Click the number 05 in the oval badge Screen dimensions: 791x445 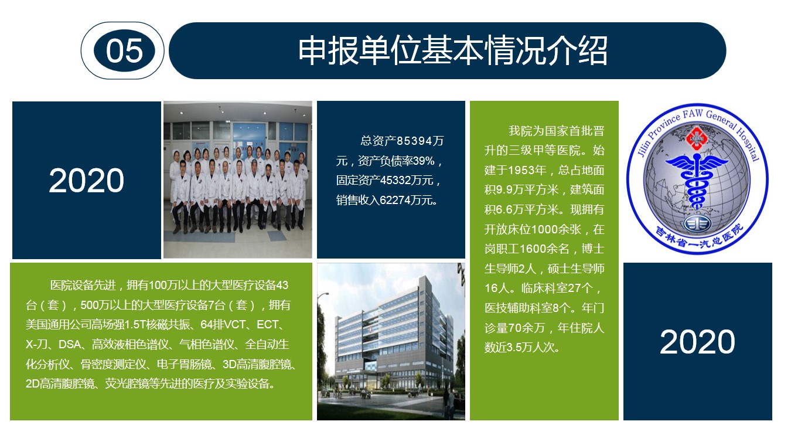coord(124,51)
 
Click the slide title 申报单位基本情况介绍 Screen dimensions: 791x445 coord(453,50)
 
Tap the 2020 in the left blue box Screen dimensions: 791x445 coord(87,181)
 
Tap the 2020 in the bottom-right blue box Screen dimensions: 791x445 coord(697,341)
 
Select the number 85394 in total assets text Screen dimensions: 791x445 coord(414,141)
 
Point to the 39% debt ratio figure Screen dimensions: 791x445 coord(423,161)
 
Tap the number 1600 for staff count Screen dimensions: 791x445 coord(532,249)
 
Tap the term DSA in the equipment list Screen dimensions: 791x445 coord(70,344)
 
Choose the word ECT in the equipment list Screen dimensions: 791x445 coord(267,324)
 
